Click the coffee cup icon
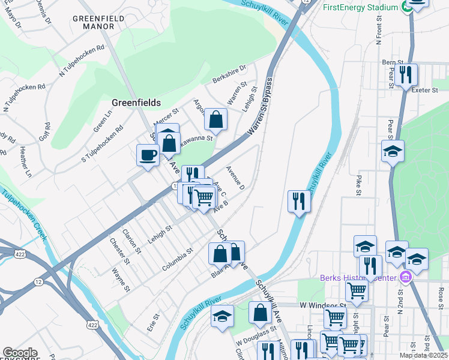click(148, 156)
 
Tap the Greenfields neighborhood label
click(136, 103)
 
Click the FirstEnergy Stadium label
click(360, 7)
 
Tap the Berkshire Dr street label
click(229, 74)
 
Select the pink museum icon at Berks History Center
click(406, 277)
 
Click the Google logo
click(20, 352)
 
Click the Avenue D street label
click(235, 178)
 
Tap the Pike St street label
click(358, 185)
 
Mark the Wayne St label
click(121, 280)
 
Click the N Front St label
click(379, 34)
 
